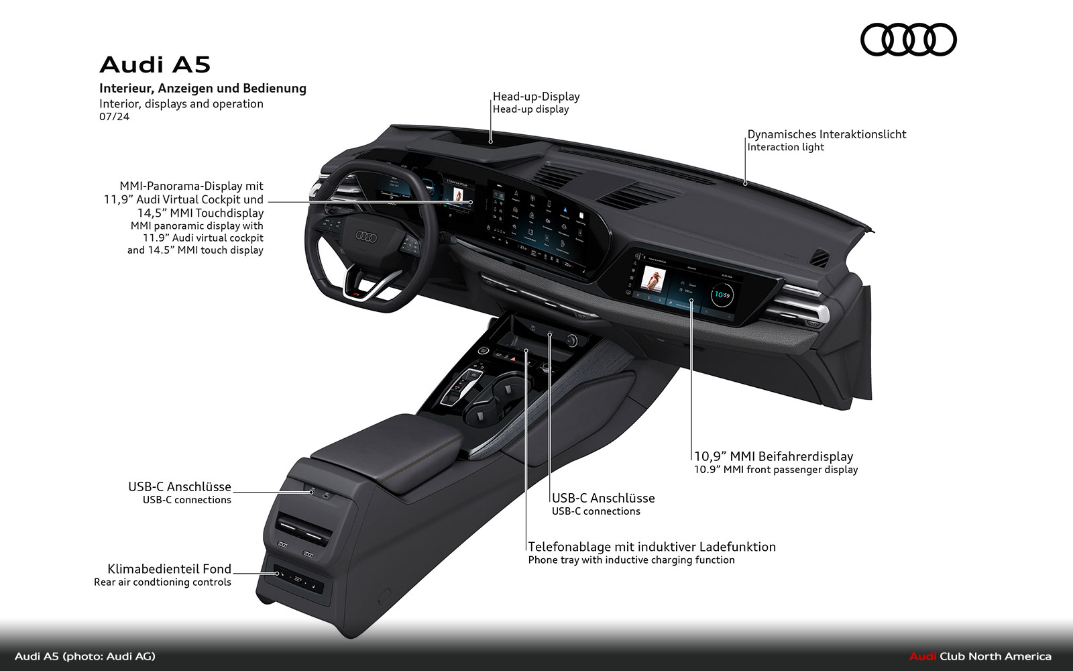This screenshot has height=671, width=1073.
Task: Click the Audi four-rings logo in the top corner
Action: point(908,40)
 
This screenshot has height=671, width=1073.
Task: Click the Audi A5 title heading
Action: point(155,64)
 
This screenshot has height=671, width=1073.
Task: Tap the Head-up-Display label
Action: point(536,97)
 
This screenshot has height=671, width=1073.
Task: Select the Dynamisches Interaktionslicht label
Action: point(826,134)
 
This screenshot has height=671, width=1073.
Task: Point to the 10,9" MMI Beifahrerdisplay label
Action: point(773,456)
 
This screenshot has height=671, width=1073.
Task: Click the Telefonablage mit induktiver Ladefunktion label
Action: point(651,547)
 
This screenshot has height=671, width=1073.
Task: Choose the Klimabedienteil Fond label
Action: point(169,569)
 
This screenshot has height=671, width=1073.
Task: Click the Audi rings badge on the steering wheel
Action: point(366,236)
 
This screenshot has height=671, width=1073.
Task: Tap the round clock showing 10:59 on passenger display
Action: point(722,295)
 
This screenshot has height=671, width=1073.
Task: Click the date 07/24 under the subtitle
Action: point(114,117)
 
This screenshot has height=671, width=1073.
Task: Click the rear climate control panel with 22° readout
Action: point(297,578)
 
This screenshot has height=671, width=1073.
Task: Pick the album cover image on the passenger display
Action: point(653,278)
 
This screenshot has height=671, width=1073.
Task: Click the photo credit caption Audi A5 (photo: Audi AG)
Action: point(85,656)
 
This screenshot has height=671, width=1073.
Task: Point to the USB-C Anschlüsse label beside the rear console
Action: point(179,487)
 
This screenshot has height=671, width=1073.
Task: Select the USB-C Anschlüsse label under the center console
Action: point(603,498)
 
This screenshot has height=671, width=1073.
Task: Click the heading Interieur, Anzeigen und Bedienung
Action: point(203,88)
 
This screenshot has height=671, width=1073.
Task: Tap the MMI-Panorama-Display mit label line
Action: point(191,186)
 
